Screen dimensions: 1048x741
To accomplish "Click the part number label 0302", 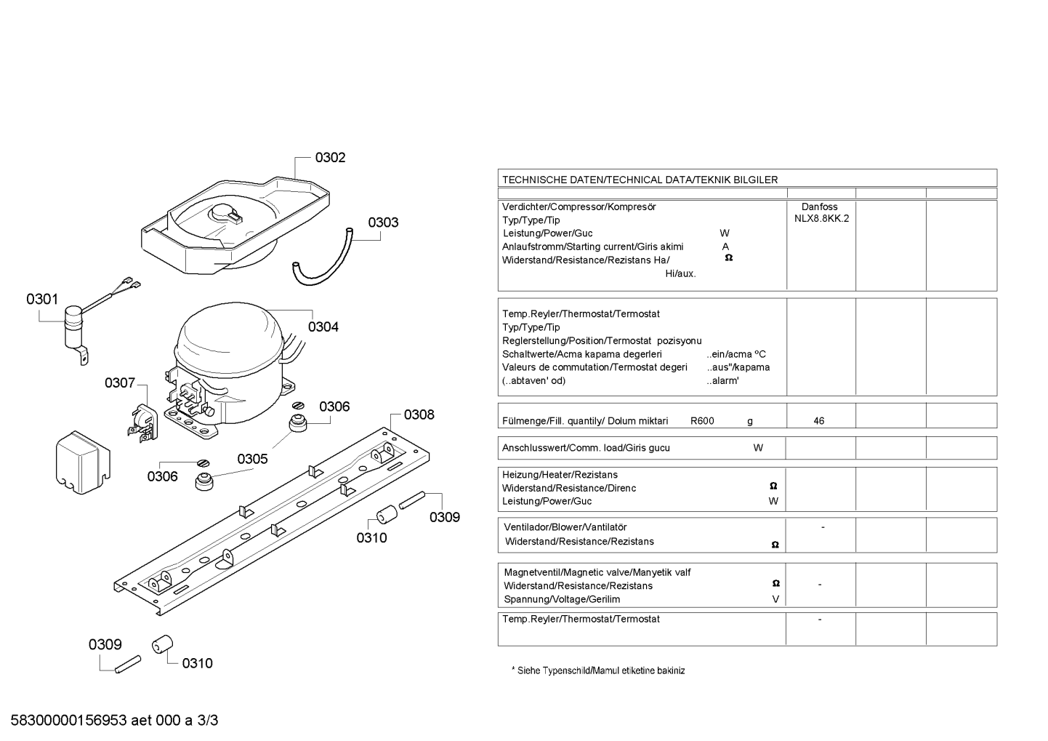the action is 330,157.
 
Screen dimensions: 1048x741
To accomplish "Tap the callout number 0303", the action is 383,222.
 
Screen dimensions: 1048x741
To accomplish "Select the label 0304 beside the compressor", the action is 323,327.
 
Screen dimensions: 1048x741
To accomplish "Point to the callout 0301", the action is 42,299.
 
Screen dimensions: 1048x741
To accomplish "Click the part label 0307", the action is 120,383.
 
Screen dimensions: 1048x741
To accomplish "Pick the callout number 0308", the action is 419,414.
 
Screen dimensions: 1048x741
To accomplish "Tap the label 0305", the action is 252,459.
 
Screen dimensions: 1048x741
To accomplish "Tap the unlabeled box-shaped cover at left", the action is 83,462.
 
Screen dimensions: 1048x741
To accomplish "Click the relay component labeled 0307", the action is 143,423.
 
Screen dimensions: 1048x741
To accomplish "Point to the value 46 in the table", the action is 819,421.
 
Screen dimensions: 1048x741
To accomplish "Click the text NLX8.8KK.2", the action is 821,219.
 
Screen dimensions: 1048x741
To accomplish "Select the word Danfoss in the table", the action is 820,207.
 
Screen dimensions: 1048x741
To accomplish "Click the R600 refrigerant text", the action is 702,421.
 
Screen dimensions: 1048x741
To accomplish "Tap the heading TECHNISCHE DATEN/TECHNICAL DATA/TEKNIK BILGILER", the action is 640,180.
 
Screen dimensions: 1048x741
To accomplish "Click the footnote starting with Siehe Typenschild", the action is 598,670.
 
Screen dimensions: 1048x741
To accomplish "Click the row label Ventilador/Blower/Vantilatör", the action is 565,527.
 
